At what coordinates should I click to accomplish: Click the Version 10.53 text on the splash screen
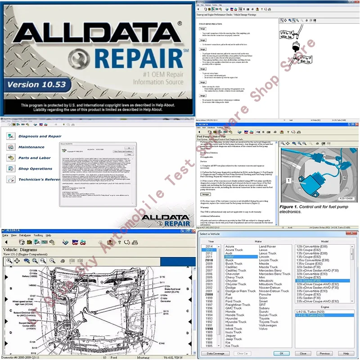pos(36,84)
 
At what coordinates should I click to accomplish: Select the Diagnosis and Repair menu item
pos(39,136)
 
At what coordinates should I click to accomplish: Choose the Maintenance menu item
pos(31,147)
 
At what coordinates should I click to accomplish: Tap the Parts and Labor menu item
pos(35,158)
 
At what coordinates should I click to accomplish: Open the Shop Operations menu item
pos(35,169)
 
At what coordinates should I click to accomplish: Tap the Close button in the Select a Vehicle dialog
pos(303,353)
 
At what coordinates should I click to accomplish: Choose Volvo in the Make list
pos(264,328)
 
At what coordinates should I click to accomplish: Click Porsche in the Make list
pos(265,294)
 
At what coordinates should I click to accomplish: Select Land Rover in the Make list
pos(267,247)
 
